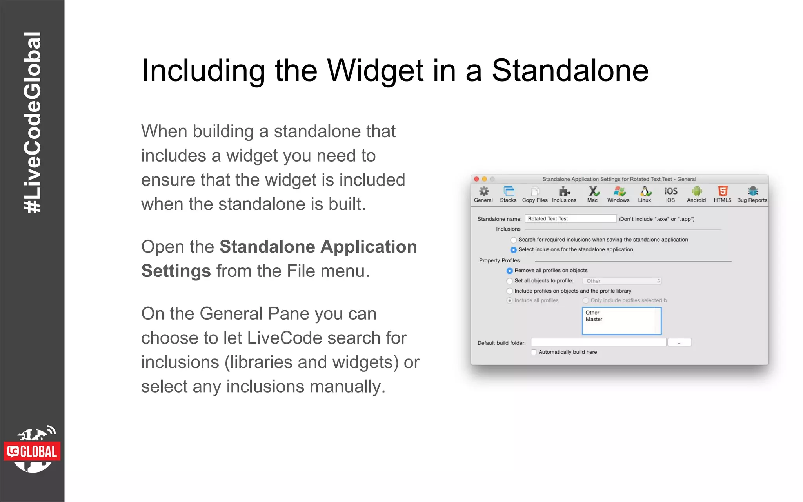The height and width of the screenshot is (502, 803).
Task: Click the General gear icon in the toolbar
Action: (484, 191)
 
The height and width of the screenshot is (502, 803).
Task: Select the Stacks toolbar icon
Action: (509, 191)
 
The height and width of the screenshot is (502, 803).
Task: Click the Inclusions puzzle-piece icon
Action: (564, 191)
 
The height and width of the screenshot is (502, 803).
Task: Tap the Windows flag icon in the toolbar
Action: (619, 191)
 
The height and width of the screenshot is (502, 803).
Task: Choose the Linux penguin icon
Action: (645, 191)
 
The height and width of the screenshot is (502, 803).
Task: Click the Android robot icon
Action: (696, 191)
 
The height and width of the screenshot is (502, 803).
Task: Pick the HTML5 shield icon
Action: (723, 191)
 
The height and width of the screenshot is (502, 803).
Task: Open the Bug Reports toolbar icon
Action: (752, 191)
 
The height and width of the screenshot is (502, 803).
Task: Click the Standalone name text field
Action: (570, 219)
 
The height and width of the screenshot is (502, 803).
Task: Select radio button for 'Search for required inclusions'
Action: (513, 240)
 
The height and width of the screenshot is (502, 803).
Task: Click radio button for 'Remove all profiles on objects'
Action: (509, 271)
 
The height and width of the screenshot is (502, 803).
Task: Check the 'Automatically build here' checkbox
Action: (534, 352)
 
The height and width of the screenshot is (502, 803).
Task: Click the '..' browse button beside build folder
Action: (679, 343)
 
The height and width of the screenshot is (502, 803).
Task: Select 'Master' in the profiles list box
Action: (594, 320)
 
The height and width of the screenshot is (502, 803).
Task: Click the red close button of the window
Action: (477, 179)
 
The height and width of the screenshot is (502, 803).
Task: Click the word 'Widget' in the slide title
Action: (375, 71)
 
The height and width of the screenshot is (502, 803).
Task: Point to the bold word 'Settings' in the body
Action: (176, 271)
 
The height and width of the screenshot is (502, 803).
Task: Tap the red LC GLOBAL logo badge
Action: (32, 452)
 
